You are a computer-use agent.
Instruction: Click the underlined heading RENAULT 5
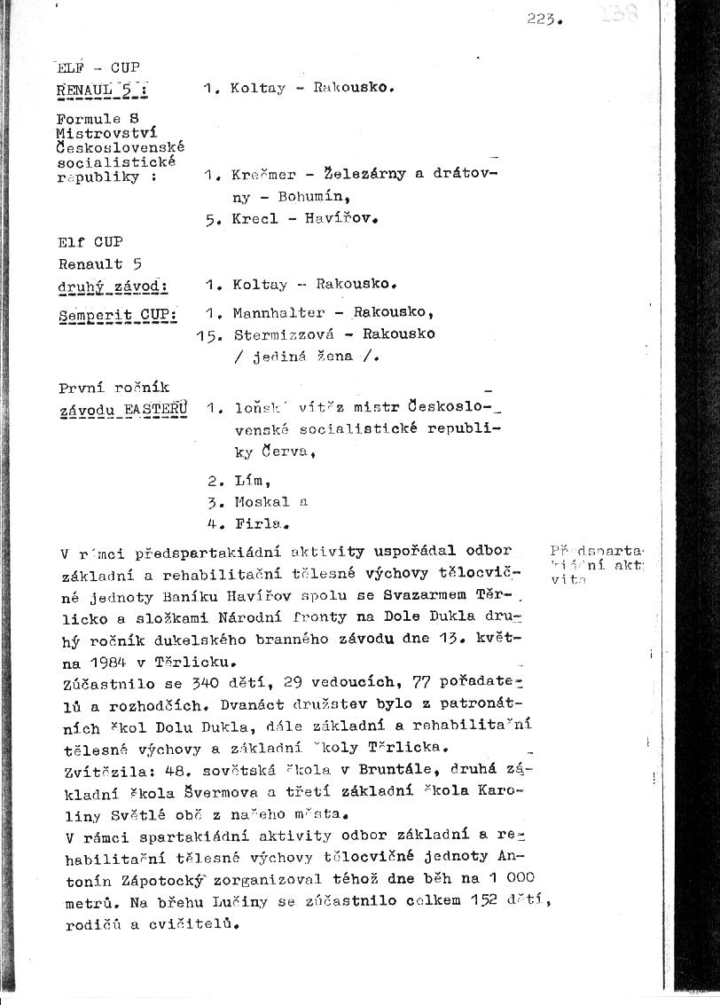(x=99, y=89)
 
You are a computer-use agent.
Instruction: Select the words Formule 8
(x=98, y=118)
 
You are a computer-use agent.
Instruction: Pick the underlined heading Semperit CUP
(x=117, y=314)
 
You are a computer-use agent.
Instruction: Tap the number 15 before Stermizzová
(x=207, y=335)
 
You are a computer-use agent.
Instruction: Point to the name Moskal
(x=260, y=501)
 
